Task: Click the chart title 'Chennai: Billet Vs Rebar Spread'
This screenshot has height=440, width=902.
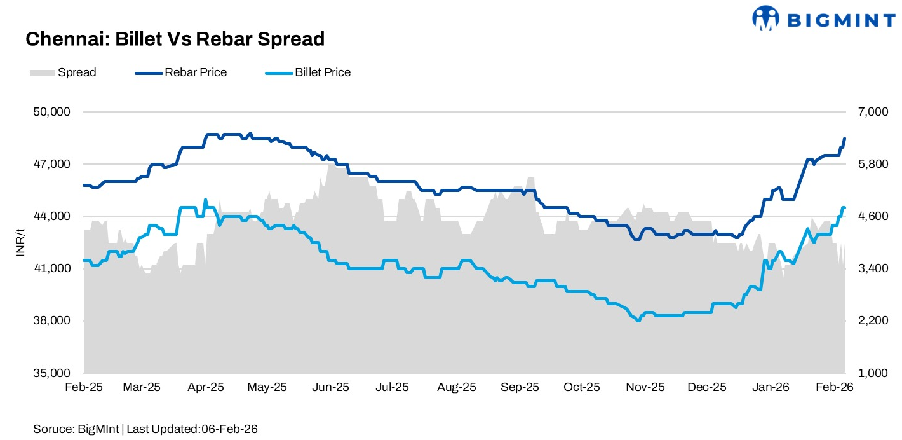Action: coord(175,39)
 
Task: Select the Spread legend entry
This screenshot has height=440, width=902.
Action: coord(63,72)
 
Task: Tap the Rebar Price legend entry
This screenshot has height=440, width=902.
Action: coord(182,72)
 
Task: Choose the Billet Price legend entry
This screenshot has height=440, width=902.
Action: coord(308,72)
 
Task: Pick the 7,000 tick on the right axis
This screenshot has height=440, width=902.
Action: coord(871,112)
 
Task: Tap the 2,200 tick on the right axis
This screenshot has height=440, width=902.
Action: coord(871,320)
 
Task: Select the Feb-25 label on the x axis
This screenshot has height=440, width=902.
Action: coord(84,387)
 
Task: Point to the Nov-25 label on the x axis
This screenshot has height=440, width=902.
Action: coord(646,387)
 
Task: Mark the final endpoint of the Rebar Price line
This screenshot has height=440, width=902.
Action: coord(844,138)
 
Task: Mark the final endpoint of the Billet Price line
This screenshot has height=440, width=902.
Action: coord(844,208)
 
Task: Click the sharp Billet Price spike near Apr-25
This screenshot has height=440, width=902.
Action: coord(205,200)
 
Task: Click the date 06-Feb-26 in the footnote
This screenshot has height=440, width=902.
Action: coord(229,429)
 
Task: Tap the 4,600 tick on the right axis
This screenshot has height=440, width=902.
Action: coord(871,216)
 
